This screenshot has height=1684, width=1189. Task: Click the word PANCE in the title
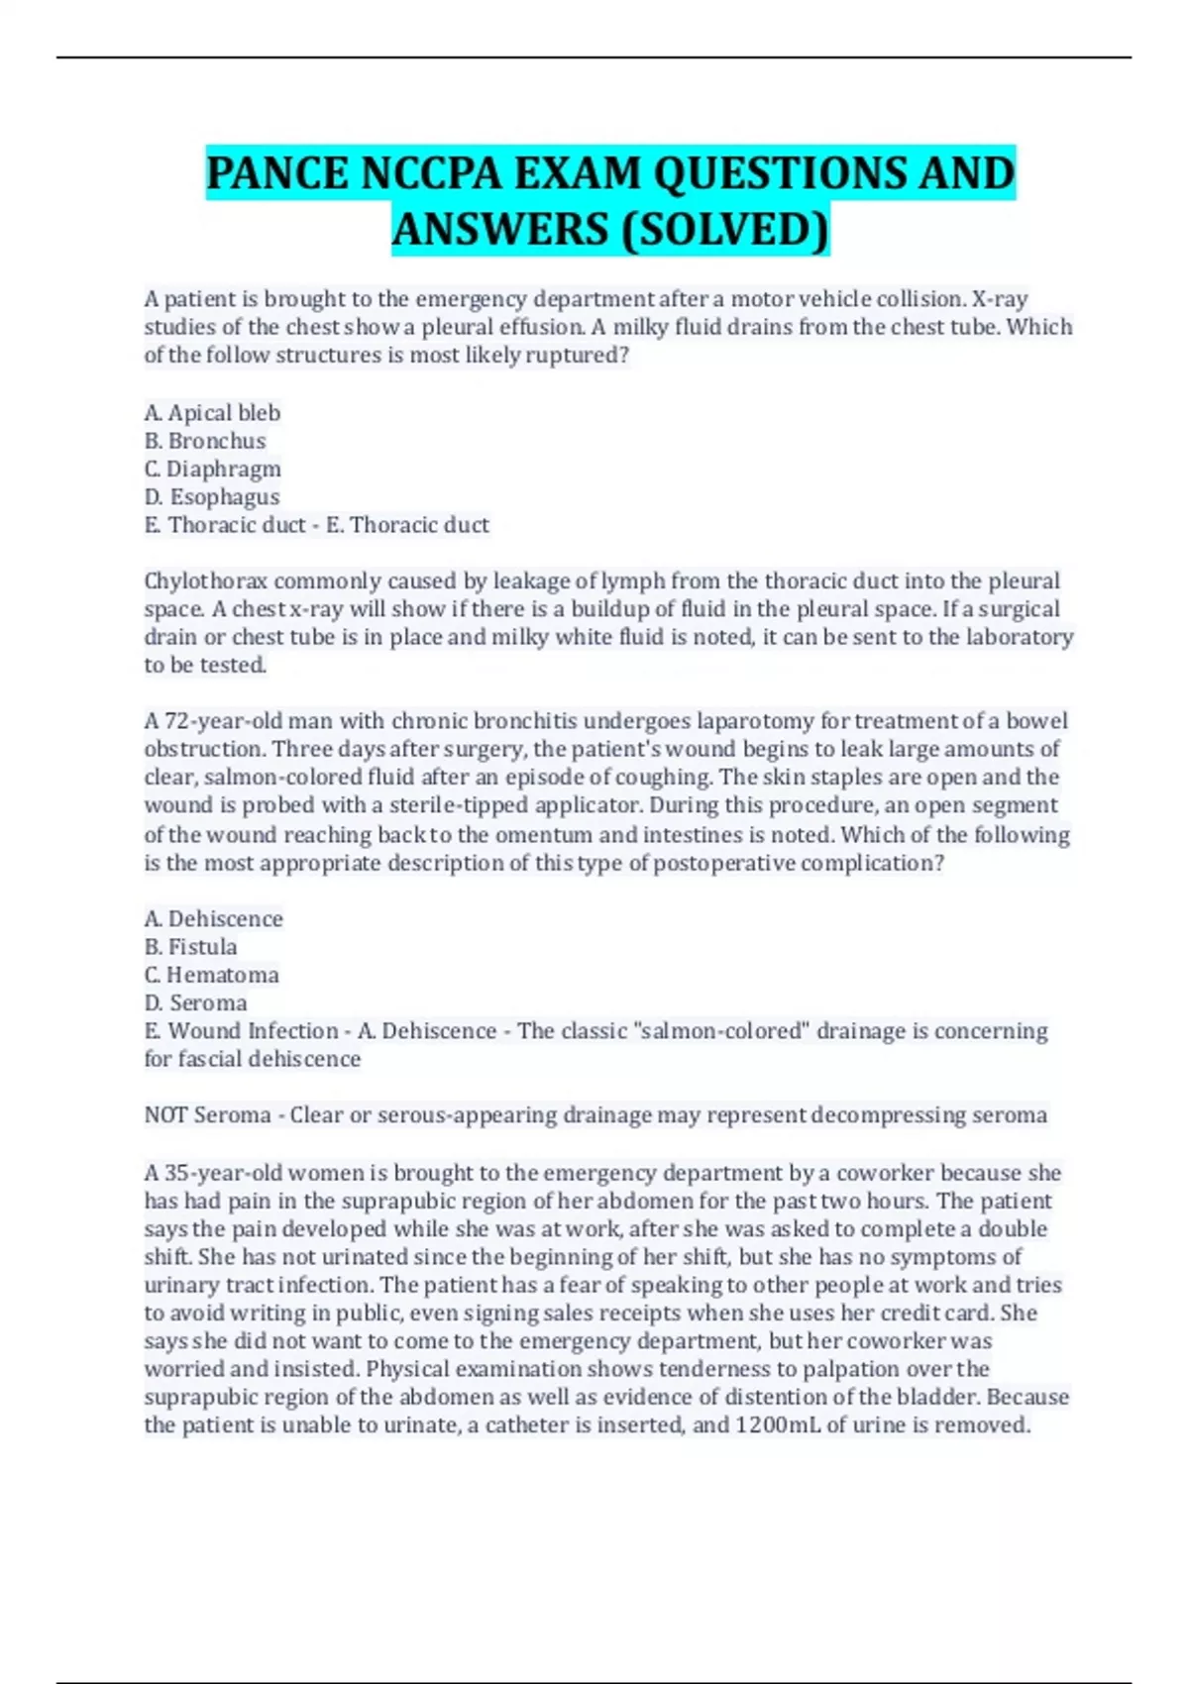click(x=278, y=173)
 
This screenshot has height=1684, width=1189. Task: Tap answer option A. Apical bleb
click(x=212, y=412)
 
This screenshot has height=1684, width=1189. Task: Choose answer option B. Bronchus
click(x=205, y=441)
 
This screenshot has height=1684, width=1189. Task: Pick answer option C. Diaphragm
click(x=212, y=469)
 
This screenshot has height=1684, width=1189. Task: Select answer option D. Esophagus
click(x=212, y=496)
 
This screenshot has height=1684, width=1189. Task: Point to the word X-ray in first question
click(x=999, y=299)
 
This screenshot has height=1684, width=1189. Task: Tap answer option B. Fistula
click(x=190, y=947)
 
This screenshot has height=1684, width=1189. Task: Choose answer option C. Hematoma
click(x=211, y=975)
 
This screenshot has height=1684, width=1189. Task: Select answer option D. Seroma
click(x=195, y=1002)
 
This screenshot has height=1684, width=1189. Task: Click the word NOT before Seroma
click(x=165, y=1115)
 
